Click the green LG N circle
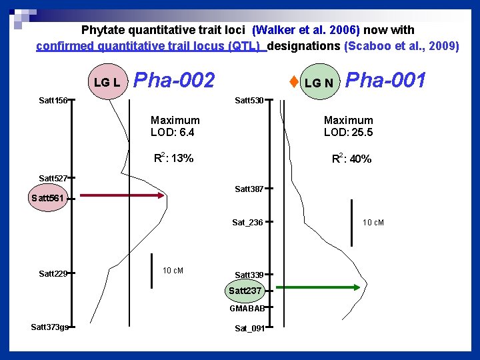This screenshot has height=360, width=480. [x=320, y=83]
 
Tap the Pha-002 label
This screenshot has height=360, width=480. [x=175, y=81]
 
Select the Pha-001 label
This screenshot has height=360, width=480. [x=386, y=80]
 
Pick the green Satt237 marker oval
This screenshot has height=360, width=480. [x=245, y=291]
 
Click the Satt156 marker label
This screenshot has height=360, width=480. [x=53, y=101]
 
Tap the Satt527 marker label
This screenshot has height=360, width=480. [x=53, y=178]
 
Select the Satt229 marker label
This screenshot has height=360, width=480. [x=53, y=273]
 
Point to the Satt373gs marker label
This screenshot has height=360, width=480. [x=49, y=327]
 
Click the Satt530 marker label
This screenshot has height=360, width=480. [x=249, y=101]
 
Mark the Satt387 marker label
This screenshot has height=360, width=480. [x=249, y=189]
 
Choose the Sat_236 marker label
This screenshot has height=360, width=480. [x=247, y=222]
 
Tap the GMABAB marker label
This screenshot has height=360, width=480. [x=247, y=308]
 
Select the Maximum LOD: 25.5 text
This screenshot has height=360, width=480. [x=348, y=126]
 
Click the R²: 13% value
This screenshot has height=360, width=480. [x=174, y=158]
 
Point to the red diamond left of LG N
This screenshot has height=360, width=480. [x=293, y=83]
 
